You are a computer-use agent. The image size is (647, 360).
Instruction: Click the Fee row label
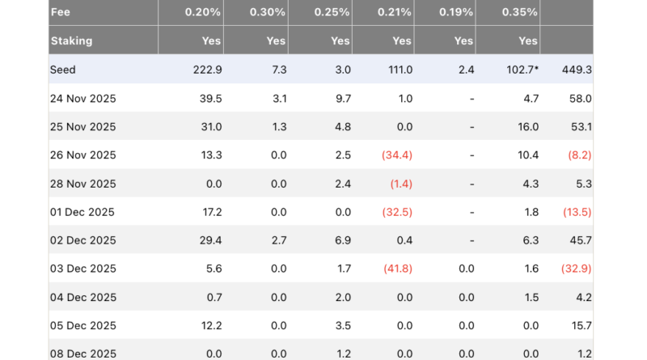coord(61,12)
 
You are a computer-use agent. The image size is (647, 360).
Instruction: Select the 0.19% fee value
coord(456,12)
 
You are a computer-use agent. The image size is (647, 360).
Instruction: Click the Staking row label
coord(71,40)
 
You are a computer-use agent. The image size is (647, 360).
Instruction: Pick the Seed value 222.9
coord(205,70)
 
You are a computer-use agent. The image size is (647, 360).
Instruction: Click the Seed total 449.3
coord(577,70)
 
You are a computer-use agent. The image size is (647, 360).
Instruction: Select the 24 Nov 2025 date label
coord(82,99)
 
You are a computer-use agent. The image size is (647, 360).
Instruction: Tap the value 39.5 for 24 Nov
coord(209,99)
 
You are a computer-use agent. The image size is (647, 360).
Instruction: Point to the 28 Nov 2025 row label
coord(82,184)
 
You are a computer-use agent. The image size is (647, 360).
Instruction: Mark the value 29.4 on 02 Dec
coord(209,240)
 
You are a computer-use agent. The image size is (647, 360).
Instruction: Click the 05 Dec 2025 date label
coord(82,325)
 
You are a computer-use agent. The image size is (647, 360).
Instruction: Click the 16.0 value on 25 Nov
coord(528,127)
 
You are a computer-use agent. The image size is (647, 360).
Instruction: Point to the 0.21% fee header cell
coord(394,12)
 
